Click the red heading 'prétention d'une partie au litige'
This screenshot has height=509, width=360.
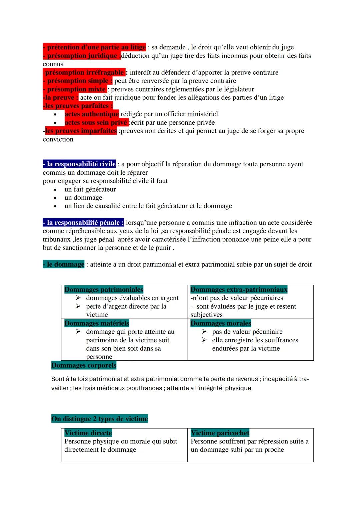tap(95, 47)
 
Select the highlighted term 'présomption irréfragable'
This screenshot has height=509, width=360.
tap(84, 72)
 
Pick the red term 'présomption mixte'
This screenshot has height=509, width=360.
tap(75, 89)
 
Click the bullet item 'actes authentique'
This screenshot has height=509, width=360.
tap(92, 114)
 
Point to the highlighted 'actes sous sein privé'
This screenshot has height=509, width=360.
tap(96, 122)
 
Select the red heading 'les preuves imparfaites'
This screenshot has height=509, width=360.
tap(81, 131)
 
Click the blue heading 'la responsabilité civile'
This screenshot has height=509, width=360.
tap(80, 164)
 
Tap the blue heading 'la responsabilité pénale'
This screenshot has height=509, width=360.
tap(84, 222)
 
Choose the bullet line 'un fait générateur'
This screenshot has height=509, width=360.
tap(90, 189)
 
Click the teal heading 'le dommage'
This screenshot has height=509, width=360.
tap(64, 264)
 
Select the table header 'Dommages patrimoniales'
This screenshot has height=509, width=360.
tap(104, 289)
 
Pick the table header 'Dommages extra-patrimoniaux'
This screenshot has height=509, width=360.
tap(239, 289)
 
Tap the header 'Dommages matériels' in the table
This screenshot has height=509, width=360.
tap(97, 323)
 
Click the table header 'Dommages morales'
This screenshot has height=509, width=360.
tap(221, 323)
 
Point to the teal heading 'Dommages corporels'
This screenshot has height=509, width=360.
tap(84, 365)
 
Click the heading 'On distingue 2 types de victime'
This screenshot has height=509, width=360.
tap(99, 419)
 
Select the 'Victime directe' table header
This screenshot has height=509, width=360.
tap(88, 433)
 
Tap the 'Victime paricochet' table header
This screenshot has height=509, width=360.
tap(220, 433)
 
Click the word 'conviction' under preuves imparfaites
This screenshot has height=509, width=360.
tap(58, 139)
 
